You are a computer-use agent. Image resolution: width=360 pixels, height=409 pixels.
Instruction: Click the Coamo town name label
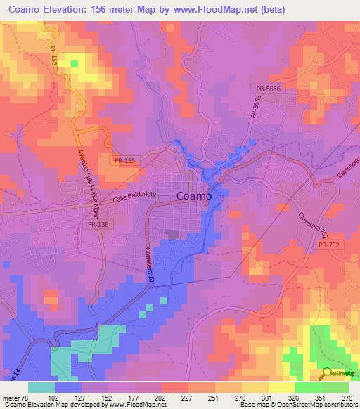tap(193, 197)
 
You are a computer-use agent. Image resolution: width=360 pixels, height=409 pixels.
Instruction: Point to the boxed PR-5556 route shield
tap(267, 89)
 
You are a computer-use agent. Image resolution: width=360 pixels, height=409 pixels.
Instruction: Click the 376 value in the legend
tap(347, 397)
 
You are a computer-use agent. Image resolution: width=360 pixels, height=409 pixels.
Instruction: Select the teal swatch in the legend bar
tap(41, 387)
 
